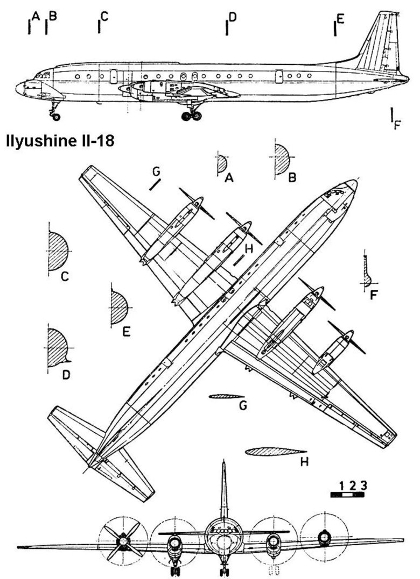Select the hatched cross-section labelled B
(x=282, y=160)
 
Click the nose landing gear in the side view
(x=54, y=110)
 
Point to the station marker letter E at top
(x=340, y=19)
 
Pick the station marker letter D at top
(x=233, y=18)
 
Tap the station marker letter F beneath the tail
(x=398, y=125)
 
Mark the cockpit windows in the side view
(x=43, y=75)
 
